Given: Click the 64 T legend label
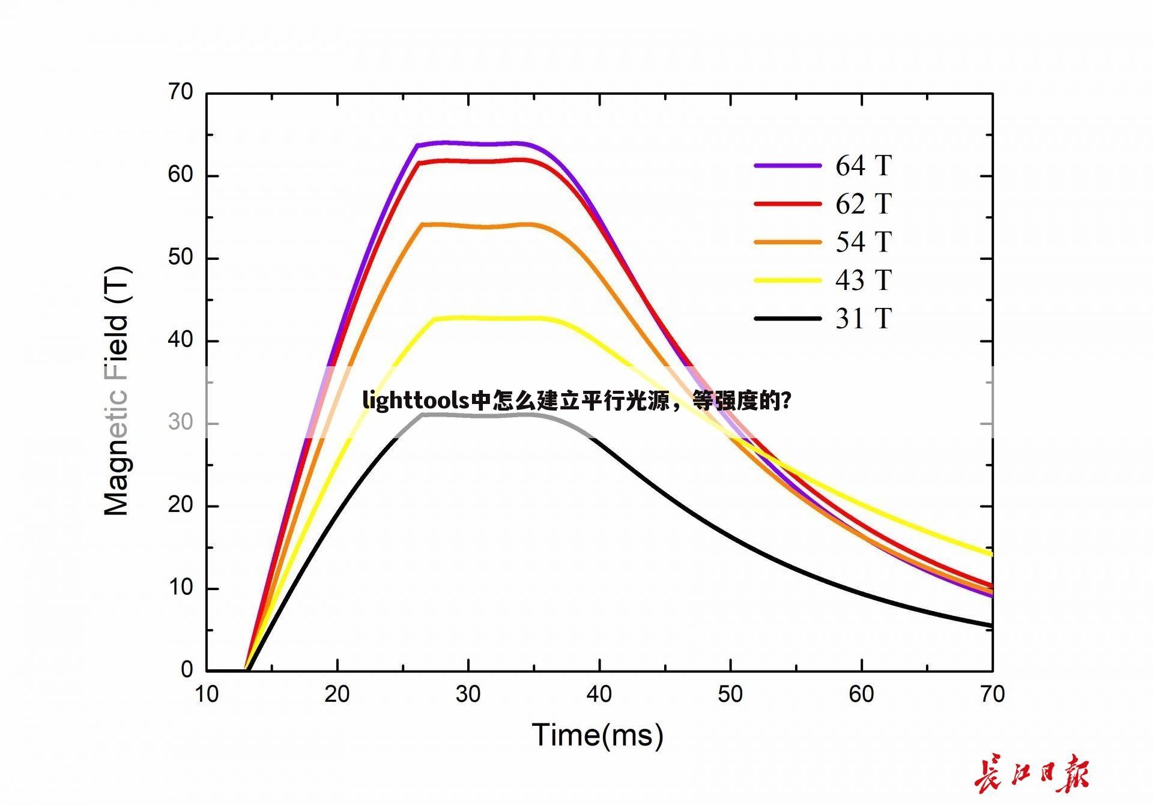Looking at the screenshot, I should (863, 166).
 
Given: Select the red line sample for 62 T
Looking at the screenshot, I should (787, 204).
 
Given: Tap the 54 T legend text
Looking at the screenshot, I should (863, 242).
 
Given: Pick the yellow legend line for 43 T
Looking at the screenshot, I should (787, 280).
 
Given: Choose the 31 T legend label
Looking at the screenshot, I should (863, 319).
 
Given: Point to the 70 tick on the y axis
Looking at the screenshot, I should (180, 92).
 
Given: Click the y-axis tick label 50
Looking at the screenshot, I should (180, 258).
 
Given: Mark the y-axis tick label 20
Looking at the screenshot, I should (180, 505).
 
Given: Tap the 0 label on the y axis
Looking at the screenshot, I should (187, 670).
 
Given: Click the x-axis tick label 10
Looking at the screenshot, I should (207, 695).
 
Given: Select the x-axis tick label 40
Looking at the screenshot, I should (599, 695).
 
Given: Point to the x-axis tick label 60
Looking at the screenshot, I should (861, 695).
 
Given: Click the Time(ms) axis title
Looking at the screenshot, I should (598, 735).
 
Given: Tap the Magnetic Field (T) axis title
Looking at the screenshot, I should (117, 390).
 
